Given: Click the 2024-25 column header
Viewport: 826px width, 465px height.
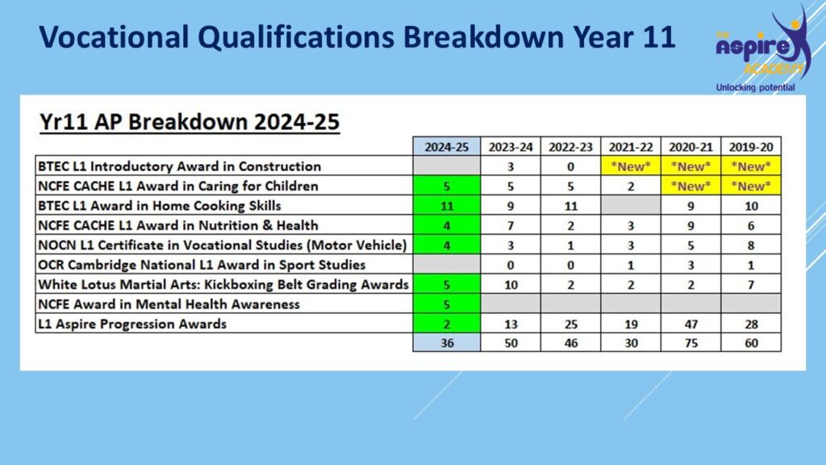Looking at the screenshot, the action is click(x=447, y=147).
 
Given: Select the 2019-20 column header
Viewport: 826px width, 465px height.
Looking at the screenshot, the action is click(x=751, y=147).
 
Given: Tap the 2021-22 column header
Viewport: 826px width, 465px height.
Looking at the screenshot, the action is click(x=631, y=147).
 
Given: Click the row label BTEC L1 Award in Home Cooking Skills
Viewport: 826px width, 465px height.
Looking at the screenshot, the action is click(x=160, y=206).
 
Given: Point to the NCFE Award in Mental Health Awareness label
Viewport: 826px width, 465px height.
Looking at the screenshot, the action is click(x=169, y=304).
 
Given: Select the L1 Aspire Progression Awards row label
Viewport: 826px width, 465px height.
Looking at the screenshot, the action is click(x=132, y=324).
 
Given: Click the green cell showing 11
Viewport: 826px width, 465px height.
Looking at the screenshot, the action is click(x=447, y=206).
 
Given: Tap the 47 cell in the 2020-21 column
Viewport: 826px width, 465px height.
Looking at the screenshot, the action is click(x=691, y=324).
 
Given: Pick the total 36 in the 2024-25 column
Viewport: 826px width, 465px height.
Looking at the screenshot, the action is click(x=447, y=342).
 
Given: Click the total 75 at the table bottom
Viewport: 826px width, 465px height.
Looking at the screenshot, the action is click(x=691, y=342).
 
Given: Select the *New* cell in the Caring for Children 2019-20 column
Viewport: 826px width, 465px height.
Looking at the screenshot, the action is click(x=751, y=186).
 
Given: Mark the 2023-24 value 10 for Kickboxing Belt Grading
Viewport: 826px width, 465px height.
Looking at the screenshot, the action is click(x=511, y=285).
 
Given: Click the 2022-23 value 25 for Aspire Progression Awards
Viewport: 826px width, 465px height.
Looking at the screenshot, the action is click(x=571, y=324).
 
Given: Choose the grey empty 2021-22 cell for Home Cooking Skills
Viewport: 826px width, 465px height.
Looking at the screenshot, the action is click(x=631, y=206).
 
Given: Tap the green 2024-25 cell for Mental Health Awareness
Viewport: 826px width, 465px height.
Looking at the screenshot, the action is click(x=447, y=304).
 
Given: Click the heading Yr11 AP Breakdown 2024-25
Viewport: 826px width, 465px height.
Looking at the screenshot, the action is click(x=190, y=122).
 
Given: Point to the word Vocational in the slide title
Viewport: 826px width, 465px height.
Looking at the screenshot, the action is click(x=114, y=37).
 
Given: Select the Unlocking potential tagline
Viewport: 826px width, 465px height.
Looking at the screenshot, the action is click(x=755, y=87).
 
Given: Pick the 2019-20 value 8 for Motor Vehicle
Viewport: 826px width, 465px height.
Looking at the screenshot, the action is click(x=751, y=245).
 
